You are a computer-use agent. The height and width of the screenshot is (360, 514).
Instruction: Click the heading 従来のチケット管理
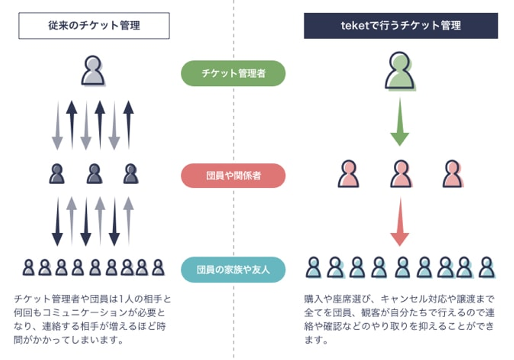coord(94,25)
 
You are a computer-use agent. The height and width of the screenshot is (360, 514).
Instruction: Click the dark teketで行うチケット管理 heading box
coord(401,26)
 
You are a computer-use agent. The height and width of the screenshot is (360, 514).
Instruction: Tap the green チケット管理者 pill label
coord(233,74)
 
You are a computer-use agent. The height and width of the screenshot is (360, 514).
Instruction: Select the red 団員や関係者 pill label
coord(233,176)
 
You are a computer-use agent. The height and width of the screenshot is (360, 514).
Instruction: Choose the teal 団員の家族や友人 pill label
coord(233,270)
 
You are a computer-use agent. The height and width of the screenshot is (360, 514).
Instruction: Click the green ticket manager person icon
coord(400,71)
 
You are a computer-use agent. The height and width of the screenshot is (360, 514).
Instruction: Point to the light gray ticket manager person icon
coord(93,71)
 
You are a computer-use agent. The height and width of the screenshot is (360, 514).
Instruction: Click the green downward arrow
coord(400,122)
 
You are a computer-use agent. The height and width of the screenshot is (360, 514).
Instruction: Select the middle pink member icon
coord(401,174)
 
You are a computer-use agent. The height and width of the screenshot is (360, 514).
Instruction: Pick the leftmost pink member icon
coord(348,174)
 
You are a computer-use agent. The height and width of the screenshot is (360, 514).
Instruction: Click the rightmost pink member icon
coord(453,174)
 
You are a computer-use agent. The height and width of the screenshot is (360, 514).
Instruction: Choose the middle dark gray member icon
coord(95,174)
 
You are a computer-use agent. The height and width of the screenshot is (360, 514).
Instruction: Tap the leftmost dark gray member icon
coord(57,174)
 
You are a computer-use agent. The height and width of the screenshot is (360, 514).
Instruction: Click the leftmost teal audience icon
coord(314,267)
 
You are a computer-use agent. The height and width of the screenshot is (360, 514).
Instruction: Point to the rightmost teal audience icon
coord(487,267)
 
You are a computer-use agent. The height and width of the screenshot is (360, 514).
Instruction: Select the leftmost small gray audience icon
coord(29,267)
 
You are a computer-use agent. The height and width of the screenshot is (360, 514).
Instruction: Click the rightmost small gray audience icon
coord(158,267)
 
